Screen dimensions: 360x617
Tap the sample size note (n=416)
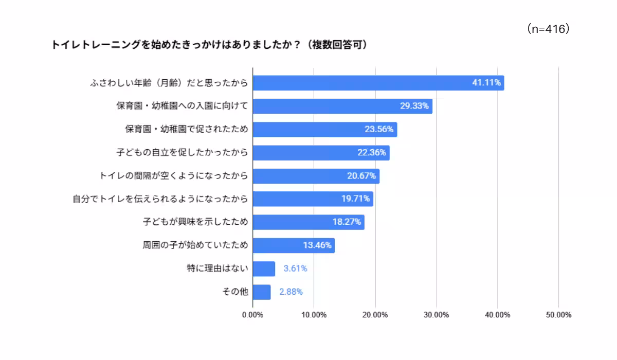[x=548, y=29]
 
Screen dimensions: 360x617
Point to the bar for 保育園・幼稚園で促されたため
[x=324, y=129]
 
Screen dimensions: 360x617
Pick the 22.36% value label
[x=372, y=152]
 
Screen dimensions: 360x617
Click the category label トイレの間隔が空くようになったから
[x=174, y=176]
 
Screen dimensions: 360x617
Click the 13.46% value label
[x=317, y=245]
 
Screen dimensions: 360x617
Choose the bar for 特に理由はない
[x=264, y=268]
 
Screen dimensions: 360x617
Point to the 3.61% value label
[x=295, y=268]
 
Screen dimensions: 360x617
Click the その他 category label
[x=235, y=292]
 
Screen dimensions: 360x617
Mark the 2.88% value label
[x=291, y=292]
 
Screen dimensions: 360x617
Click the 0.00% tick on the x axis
[x=252, y=315]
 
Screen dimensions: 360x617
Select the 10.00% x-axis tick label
[x=314, y=315]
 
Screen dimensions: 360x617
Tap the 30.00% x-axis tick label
[x=436, y=315]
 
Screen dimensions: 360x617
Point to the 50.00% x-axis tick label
[x=558, y=315]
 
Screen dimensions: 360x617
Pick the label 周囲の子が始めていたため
[x=195, y=245]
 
